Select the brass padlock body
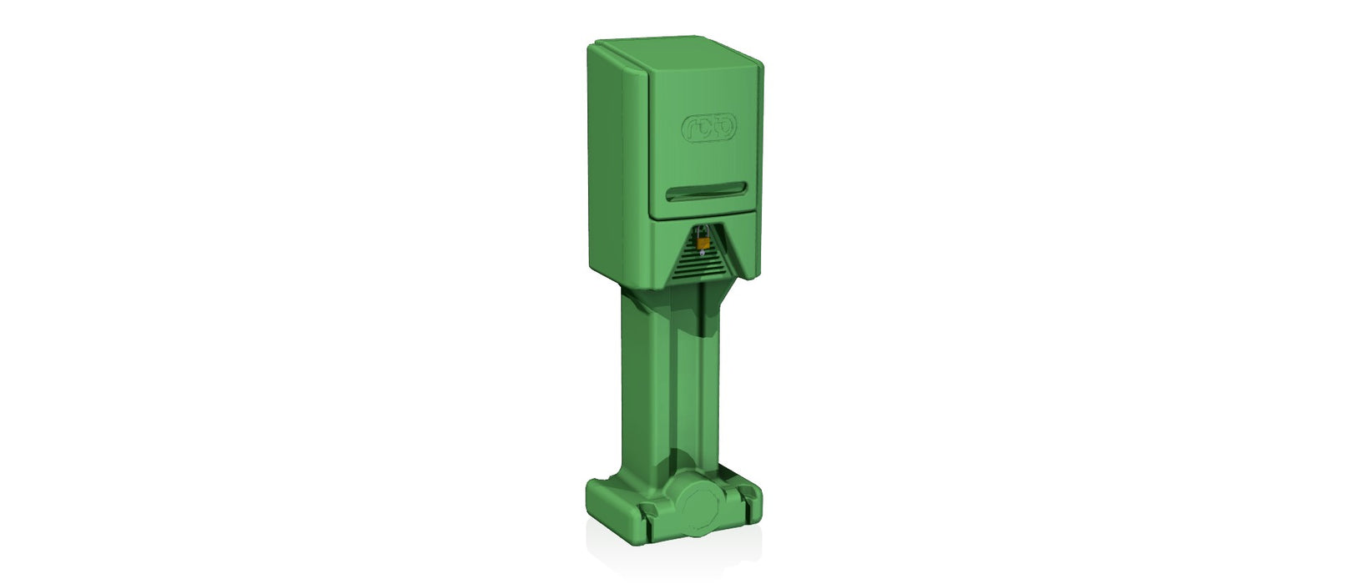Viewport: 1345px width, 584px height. tap(703, 243)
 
